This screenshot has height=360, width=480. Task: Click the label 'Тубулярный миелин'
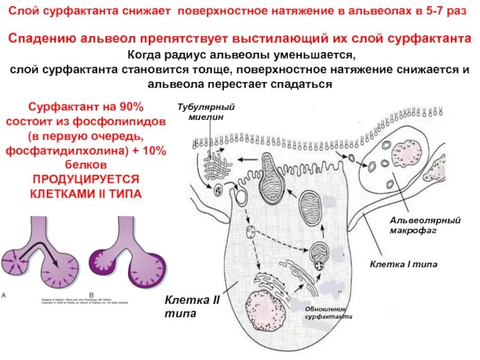pyautogui.click(x=205, y=112)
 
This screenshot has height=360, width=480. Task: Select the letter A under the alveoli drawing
pyautogui.click(x=5, y=295)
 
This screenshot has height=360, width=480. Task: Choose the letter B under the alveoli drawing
pyautogui.click(x=91, y=295)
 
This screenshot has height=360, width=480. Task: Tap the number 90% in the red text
pyautogui.click(x=131, y=107)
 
